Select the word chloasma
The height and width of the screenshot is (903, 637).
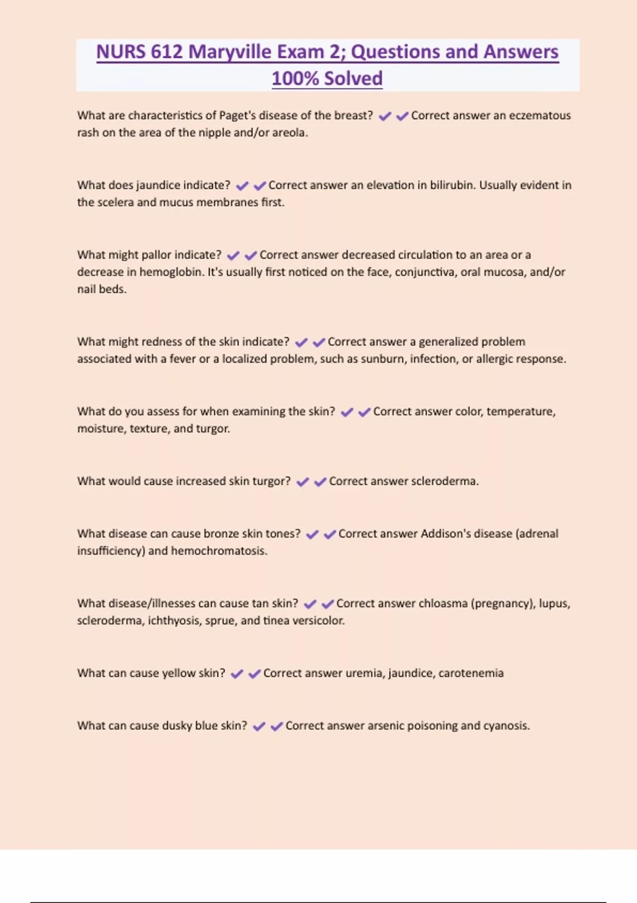coord(443,603)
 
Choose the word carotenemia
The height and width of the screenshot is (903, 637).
coord(471,673)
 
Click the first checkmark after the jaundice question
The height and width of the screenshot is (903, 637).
coord(242,186)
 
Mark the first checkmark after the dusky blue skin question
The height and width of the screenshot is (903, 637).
coord(259,727)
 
